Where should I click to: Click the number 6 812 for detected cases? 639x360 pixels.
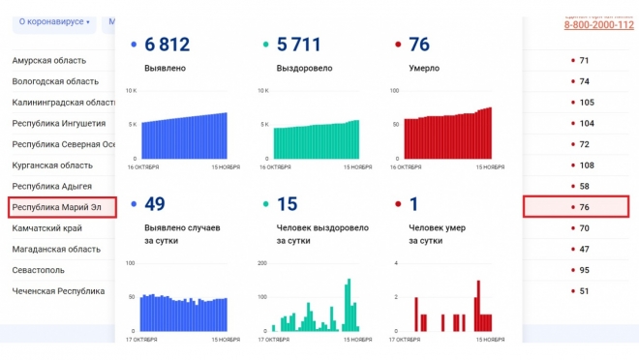tap(167, 45)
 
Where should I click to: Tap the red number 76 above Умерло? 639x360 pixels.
tap(419, 45)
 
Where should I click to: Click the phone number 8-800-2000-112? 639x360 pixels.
tap(598, 25)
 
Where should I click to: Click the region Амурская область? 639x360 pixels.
tap(48, 61)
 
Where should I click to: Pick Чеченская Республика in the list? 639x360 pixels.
tap(58, 290)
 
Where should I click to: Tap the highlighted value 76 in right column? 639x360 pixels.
tap(584, 207)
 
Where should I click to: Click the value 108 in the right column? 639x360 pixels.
tap(586, 165)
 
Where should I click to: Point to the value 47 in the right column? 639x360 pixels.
tap(584, 249)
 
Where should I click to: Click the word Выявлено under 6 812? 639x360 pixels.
tap(165, 69)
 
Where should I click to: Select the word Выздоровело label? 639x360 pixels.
tap(304, 69)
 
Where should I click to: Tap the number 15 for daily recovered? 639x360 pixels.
tap(287, 204)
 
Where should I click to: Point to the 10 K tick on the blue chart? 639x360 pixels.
tap(133, 90)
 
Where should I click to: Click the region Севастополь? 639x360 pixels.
tap(39, 270)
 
